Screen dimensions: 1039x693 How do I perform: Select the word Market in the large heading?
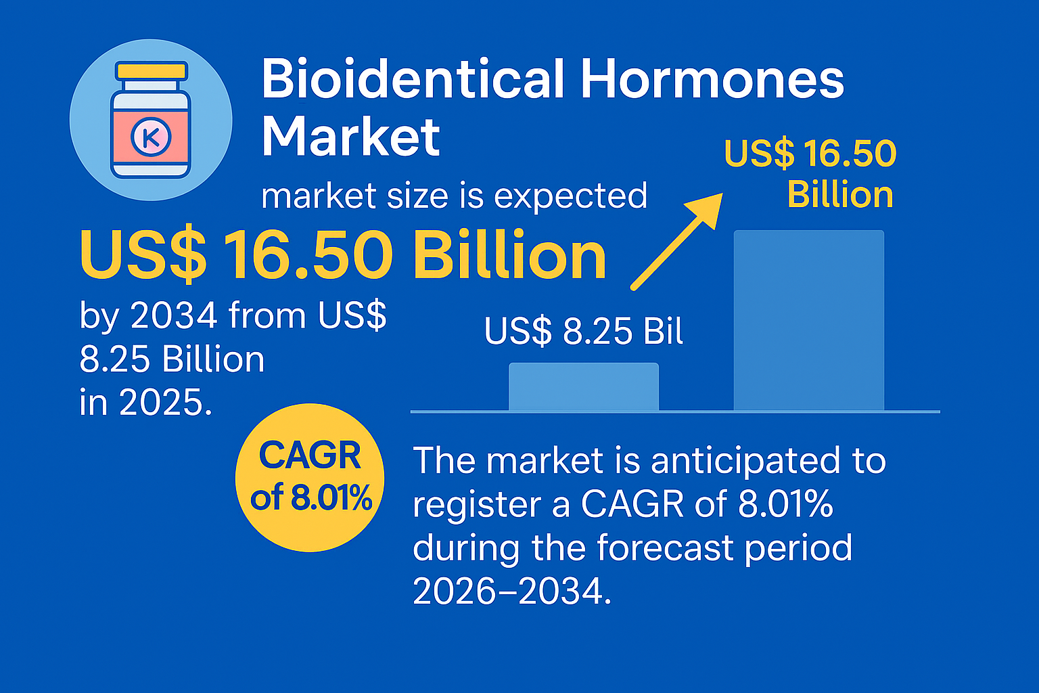[350, 137]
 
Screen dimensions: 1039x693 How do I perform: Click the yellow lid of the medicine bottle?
[152, 71]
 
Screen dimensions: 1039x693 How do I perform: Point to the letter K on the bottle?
[152, 137]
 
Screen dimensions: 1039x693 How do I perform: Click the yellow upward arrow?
[676, 242]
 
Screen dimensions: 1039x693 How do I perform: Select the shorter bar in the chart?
[584, 386]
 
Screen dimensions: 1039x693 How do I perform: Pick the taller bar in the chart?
[809, 320]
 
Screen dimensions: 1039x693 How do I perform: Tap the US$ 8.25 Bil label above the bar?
[584, 331]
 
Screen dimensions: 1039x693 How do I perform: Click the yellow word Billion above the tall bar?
[841, 194]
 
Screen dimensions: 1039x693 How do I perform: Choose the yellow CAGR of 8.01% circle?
[310, 477]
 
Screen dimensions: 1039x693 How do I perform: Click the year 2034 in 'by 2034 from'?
[174, 315]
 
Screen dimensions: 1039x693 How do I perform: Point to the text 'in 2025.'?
[145, 402]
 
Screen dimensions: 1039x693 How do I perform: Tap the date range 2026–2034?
[511, 591]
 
